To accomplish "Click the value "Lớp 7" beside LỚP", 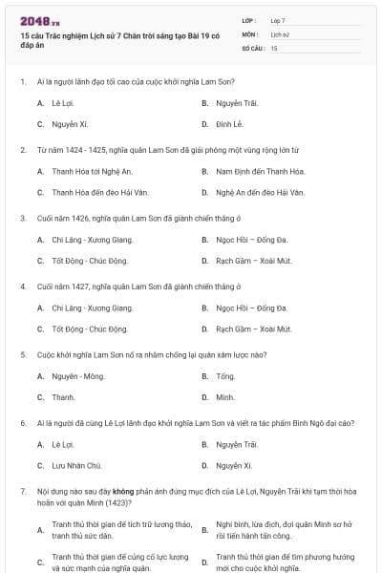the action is pos(278,20).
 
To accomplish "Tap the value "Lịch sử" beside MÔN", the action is pos(280,33).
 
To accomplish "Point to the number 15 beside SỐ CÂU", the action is pos(274,47).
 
